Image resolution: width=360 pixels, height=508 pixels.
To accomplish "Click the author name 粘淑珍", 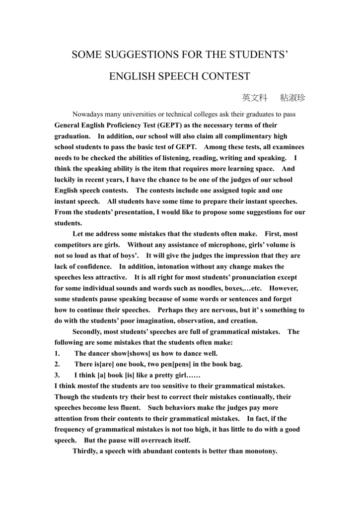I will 293,98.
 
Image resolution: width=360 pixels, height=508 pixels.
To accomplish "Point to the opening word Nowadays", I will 90,114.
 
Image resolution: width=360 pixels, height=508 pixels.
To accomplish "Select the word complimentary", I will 236,136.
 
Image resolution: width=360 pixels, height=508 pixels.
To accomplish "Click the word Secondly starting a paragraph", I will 90,331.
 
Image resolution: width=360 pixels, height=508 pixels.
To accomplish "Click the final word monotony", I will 260,451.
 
